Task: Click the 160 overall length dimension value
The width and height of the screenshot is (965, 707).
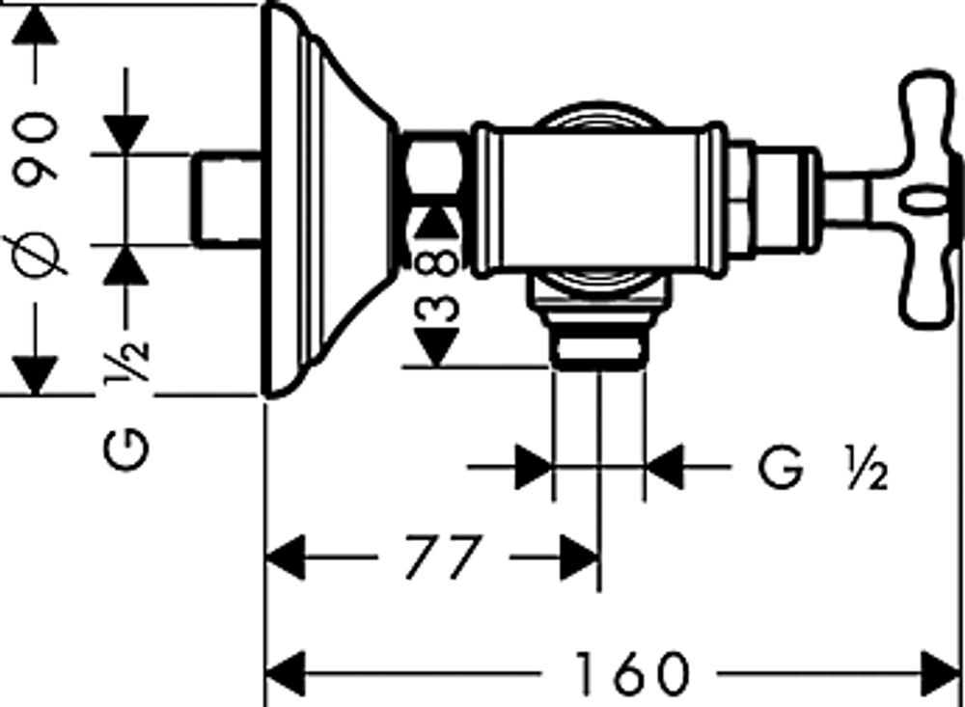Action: (631, 673)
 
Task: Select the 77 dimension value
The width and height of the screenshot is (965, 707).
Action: (443, 557)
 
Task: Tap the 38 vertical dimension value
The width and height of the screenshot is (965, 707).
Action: (437, 283)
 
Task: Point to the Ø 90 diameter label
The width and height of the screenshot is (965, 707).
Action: (35, 194)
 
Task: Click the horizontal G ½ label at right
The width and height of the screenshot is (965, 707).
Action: (823, 468)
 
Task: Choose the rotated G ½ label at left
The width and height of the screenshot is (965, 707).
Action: (126, 404)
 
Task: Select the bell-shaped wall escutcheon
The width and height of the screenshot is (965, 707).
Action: (326, 200)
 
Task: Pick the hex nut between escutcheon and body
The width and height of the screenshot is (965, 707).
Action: (434, 161)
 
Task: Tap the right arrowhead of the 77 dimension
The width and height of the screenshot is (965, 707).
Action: (579, 557)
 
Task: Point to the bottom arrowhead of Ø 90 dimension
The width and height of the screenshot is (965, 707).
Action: (35, 375)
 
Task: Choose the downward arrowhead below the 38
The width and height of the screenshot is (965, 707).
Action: (437, 347)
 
